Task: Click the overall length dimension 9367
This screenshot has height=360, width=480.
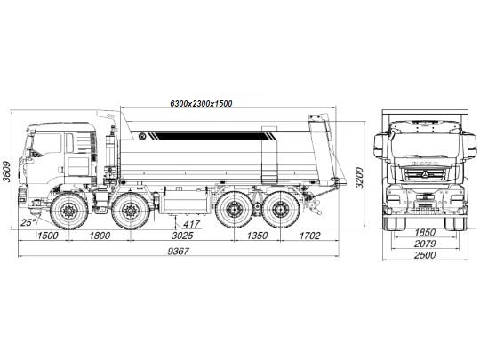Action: coord(179,251)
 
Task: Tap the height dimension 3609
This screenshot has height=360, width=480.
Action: coord(6,172)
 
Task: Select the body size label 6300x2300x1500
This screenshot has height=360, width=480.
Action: coord(201,103)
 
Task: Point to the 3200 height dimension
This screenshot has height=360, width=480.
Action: coord(360,178)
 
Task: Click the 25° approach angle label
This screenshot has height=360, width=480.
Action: coord(28,222)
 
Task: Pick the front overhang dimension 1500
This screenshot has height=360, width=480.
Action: coord(47,236)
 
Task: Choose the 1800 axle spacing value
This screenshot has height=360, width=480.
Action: coord(100,236)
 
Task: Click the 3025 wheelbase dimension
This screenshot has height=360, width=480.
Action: coord(182,236)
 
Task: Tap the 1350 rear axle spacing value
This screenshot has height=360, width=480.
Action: coord(257,236)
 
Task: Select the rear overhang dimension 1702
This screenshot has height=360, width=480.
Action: coord(309,236)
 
